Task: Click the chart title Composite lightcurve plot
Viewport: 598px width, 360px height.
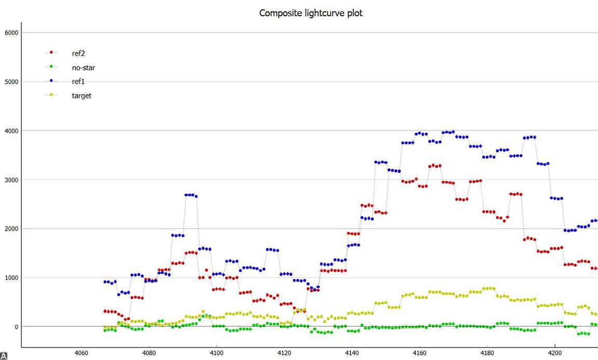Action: point(311,13)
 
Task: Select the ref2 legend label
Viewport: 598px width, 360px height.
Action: point(79,53)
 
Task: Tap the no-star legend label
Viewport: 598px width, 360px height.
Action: point(84,68)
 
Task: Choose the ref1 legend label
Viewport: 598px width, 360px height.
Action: point(79,82)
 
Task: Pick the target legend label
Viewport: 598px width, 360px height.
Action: point(81,96)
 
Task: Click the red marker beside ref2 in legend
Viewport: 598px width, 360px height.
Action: point(51,52)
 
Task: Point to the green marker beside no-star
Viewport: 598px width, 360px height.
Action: point(51,66)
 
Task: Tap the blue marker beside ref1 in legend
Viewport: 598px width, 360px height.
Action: point(51,81)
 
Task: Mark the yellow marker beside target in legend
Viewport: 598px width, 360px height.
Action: point(51,95)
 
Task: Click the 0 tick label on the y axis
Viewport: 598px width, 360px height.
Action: point(16,327)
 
